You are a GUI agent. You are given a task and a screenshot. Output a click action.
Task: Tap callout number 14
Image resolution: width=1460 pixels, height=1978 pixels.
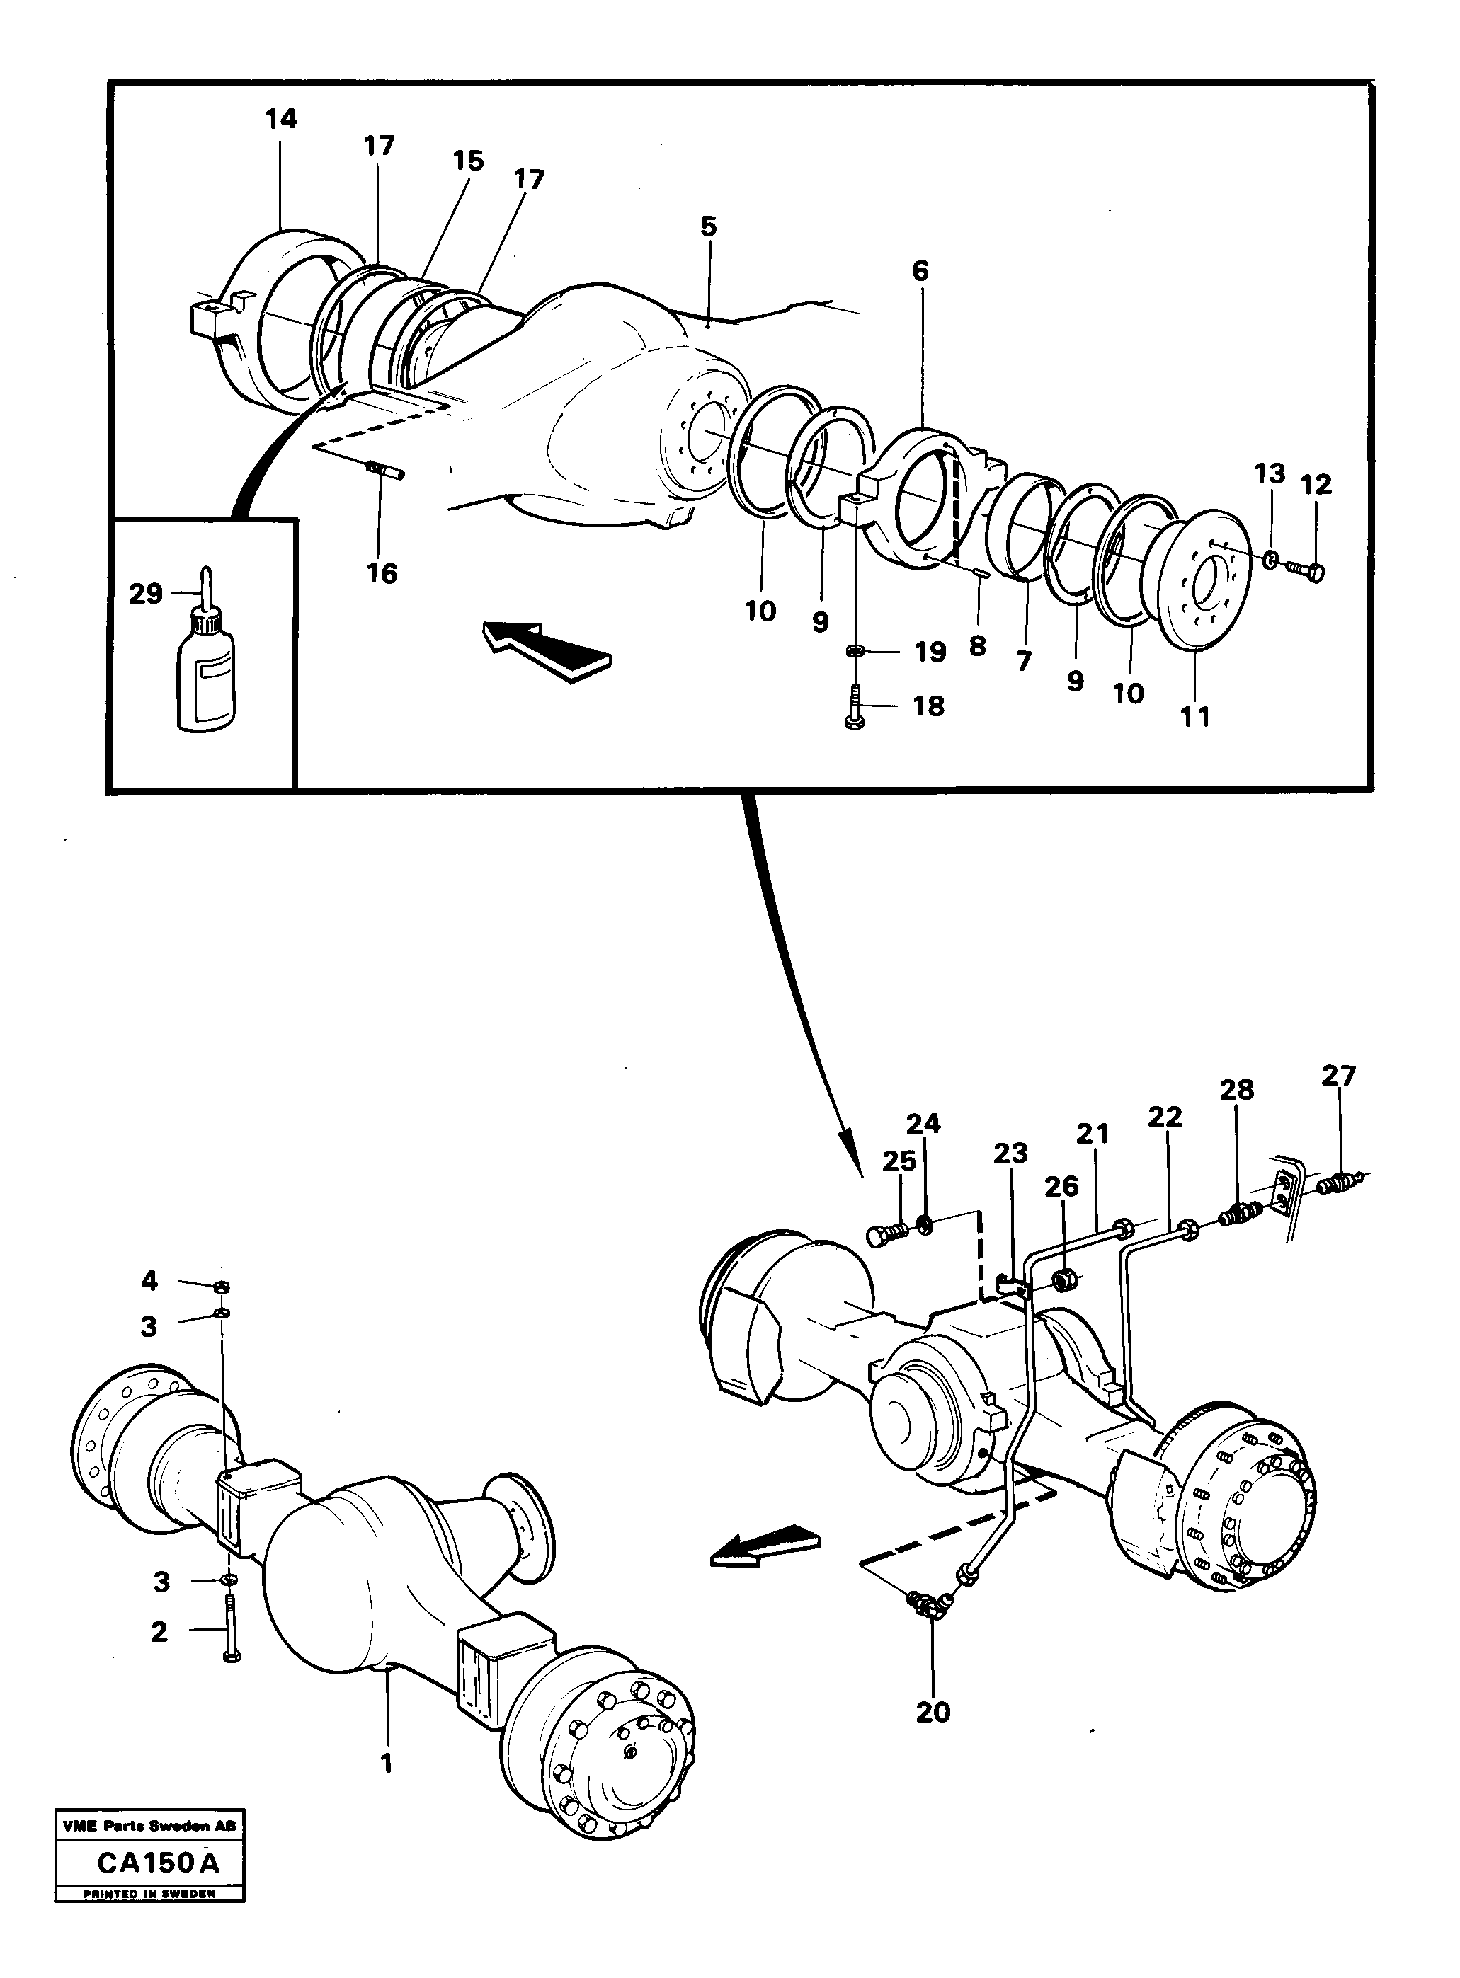tap(282, 118)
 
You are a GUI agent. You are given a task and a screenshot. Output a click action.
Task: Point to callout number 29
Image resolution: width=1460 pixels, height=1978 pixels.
tap(145, 594)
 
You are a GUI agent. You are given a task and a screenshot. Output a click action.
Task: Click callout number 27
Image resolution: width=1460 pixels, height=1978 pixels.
tap(1338, 1075)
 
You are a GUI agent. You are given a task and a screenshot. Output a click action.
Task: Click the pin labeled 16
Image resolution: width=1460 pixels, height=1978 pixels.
tap(385, 469)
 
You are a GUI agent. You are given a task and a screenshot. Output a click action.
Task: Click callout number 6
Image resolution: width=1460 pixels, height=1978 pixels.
tap(920, 270)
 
